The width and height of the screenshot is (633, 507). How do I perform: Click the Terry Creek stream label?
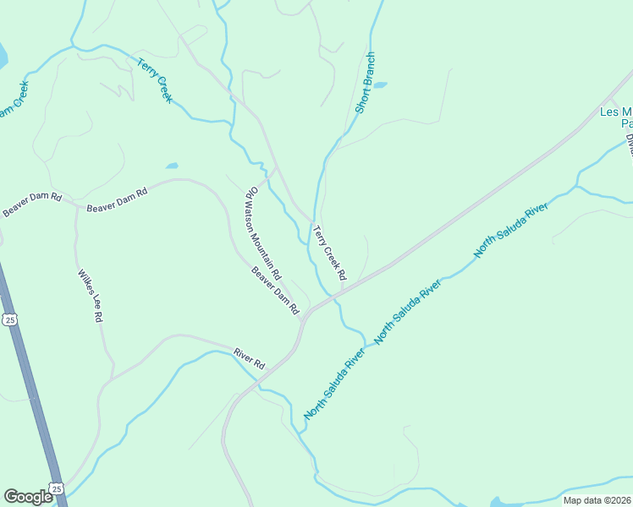154,79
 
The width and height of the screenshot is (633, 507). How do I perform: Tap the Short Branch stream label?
365,83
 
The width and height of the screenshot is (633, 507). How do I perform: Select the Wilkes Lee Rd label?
90,296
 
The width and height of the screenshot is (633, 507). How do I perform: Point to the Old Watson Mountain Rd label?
263,233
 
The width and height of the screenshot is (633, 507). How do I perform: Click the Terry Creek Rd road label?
329,253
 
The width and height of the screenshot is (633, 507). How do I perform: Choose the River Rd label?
250,357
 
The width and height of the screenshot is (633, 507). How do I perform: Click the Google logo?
28,497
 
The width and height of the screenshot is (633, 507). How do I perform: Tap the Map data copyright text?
597,500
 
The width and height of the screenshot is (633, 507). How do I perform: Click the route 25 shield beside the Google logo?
57,489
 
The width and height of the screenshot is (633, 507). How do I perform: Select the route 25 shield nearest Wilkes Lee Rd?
9,319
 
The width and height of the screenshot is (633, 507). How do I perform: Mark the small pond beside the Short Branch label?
379,85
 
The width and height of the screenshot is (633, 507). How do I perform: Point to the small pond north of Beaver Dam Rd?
172,166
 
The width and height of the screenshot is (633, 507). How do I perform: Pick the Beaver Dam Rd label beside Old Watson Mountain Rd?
275,291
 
